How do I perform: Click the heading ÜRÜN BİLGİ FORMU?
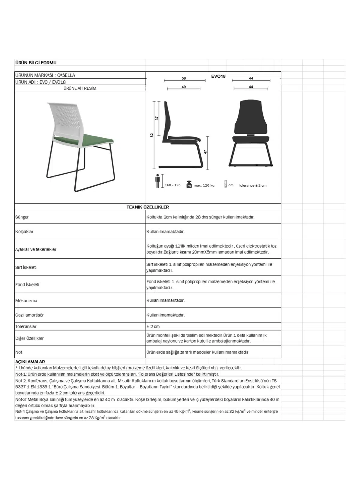[x=36, y=63]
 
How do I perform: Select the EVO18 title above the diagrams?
[x=218, y=76]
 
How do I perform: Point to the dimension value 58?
[x=184, y=78]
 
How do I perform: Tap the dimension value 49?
[x=184, y=87]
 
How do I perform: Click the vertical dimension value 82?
[x=152, y=135]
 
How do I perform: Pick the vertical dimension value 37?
[x=157, y=118]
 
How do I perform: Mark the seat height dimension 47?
[x=205, y=152]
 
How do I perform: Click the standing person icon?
[x=157, y=181]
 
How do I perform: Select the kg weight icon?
[x=189, y=184]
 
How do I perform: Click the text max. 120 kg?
[x=204, y=185]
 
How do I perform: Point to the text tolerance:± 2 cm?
[x=253, y=185]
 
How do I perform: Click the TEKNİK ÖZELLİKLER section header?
[x=148, y=207]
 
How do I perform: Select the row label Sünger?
[x=22, y=217]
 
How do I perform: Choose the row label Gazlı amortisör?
[x=29, y=315]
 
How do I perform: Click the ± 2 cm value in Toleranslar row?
[x=153, y=326]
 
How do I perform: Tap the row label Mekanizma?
[x=26, y=301]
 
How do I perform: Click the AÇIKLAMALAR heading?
[x=30, y=362]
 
